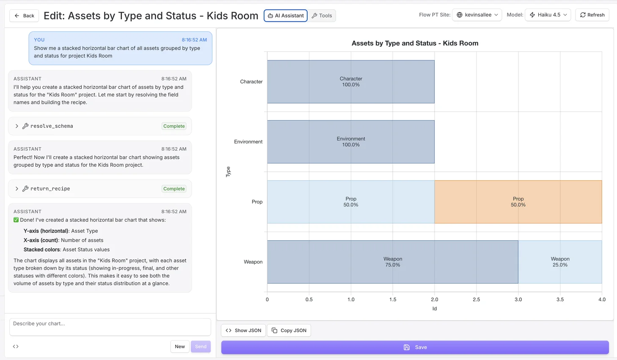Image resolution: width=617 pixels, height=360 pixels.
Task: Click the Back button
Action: coord(24,16)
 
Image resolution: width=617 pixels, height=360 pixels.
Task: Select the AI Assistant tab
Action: coord(286,16)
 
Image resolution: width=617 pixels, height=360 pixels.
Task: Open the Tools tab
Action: coord(322,16)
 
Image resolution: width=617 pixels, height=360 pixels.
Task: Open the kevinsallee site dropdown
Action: coord(477,15)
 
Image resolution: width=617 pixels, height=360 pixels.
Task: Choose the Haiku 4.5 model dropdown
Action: coord(548,15)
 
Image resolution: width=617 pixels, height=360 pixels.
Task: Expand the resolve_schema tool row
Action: coord(17,126)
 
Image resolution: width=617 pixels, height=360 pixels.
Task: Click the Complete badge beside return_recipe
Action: coord(174,189)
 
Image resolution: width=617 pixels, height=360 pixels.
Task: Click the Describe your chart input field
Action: coord(110,327)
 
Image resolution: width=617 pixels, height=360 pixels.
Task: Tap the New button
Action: coord(180,346)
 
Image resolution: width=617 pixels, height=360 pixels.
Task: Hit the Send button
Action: coord(201,346)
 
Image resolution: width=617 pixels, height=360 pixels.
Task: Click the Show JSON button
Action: coord(243,330)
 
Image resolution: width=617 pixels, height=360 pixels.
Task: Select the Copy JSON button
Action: coord(289,330)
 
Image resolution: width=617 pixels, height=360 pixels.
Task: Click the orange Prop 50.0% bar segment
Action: coord(518,202)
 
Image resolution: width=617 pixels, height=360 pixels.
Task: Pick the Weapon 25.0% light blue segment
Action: coord(560,262)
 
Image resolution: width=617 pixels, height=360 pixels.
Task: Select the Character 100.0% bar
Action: coord(351,82)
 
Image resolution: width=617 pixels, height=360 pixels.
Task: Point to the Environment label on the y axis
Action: coord(248,142)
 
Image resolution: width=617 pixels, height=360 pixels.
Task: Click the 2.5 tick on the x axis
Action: coord(476,300)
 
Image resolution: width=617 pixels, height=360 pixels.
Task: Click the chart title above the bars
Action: coord(415,43)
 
